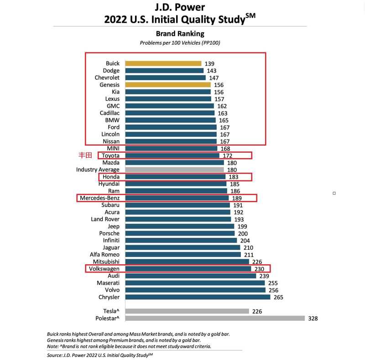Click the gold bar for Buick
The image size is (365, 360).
163,64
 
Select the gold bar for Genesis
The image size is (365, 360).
168,85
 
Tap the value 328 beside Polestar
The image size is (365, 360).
313,319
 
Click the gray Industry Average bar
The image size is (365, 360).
174,170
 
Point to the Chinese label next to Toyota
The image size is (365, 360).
86,155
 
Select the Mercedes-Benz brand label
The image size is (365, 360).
99,198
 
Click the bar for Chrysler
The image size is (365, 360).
198,297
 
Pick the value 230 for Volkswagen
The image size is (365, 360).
259,269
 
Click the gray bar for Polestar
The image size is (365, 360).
215,319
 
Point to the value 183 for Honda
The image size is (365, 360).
234,177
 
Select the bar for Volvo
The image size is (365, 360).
195,290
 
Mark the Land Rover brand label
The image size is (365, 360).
105,219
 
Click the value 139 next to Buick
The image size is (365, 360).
209,64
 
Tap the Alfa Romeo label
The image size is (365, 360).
105,254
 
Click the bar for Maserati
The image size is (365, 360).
195,283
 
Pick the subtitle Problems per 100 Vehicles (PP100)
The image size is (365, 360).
180,43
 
